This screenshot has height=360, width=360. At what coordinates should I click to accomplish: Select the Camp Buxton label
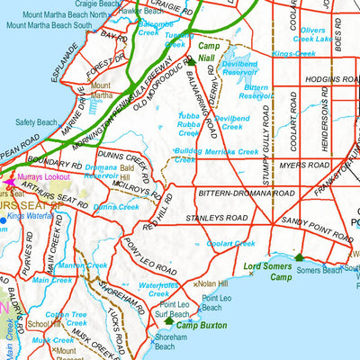coord(200,325)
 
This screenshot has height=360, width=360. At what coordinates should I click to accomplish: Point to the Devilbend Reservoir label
coord(239,70)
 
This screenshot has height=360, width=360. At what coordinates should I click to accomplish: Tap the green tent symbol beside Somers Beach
coord(300,257)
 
